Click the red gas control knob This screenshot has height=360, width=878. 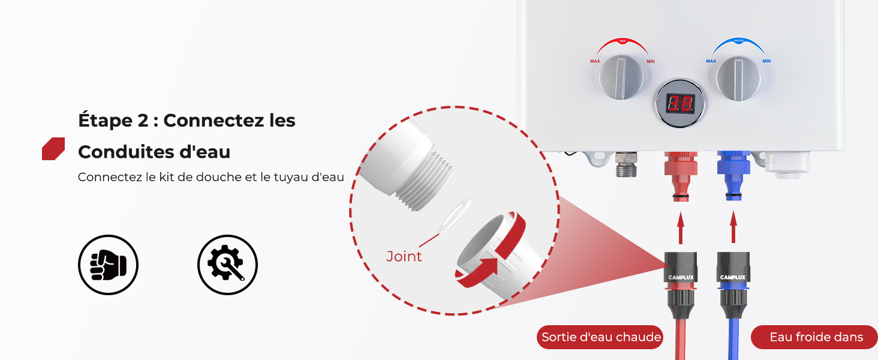[621, 77]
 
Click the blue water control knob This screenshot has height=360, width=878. [738, 78]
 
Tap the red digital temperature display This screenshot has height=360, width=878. [680, 103]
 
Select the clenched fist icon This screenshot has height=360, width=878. [108, 265]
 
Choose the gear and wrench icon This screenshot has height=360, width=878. [227, 265]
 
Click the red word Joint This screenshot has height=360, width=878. [404, 256]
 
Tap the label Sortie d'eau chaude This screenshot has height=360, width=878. [601, 337]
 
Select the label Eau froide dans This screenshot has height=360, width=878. [816, 337]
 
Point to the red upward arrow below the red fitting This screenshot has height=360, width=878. [681, 228]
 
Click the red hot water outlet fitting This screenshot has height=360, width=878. [681, 176]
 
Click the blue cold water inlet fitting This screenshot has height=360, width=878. [733, 176]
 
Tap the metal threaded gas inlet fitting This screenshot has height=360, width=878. [626, 164]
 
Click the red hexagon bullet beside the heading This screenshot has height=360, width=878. [53, 149]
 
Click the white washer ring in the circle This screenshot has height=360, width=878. [454, 215]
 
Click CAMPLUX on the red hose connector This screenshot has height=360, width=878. [681, 278]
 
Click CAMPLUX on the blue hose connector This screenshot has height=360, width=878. [733, 278]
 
